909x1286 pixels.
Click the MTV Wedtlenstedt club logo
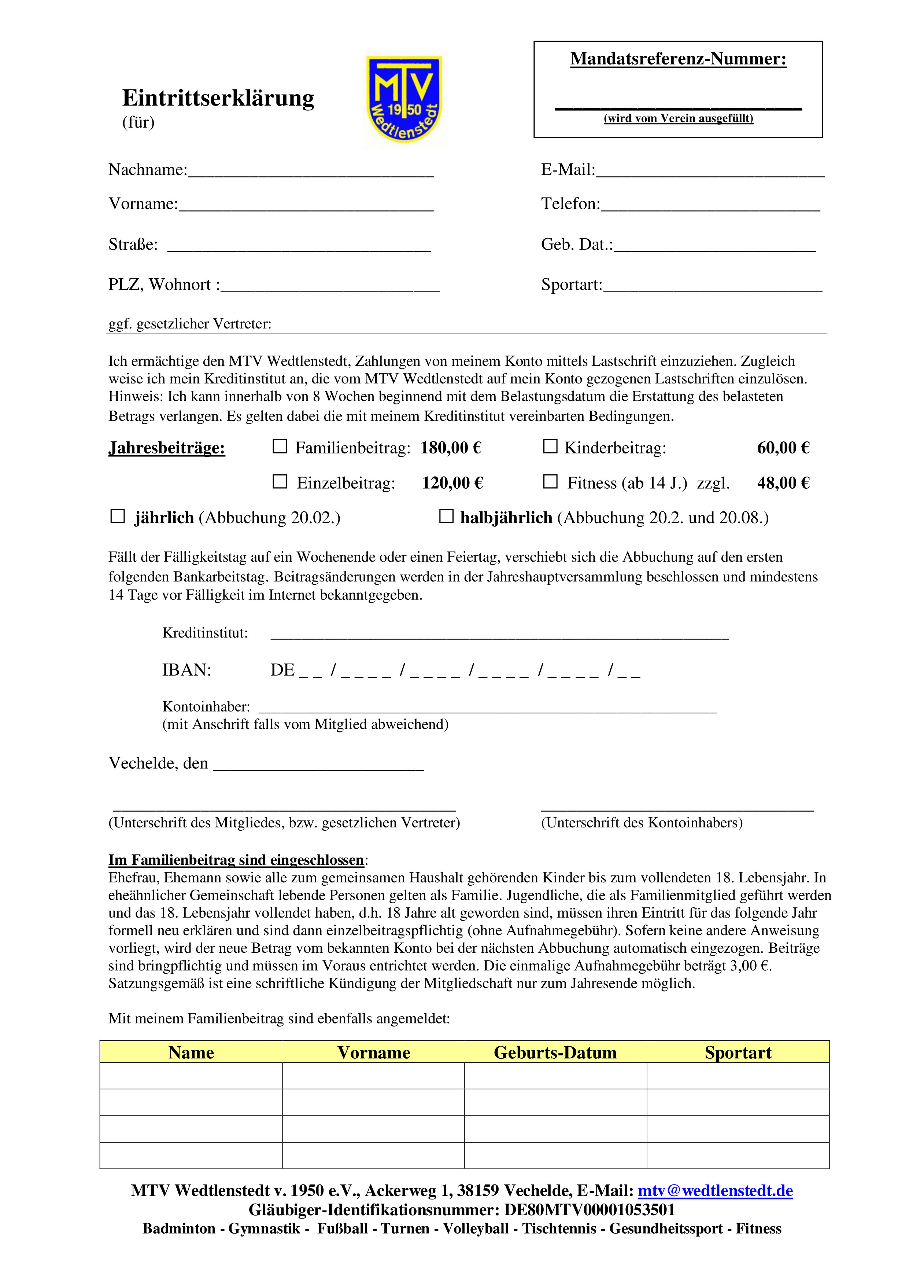pos(404,99)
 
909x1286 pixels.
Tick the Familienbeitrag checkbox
pos(279,447)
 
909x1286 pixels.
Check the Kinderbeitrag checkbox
pos(550,447)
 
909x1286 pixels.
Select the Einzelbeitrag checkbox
pos(279,482)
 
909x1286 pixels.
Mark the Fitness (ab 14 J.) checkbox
pos(550,482)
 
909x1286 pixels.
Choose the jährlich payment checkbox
pos(118,517)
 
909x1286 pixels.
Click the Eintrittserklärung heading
pos(218,98)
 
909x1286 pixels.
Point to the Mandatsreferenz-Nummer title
pos(679,59)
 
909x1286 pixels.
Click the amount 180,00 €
pos(451,448)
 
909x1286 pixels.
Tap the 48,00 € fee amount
pos(783,483)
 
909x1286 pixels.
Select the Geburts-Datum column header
pos(555,1052)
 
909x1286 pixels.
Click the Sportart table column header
pos(738,1052)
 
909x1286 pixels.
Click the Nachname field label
pos(148,170)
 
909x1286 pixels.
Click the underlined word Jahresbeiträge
pos(167,448)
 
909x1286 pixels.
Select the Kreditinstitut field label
pos(205,633)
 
